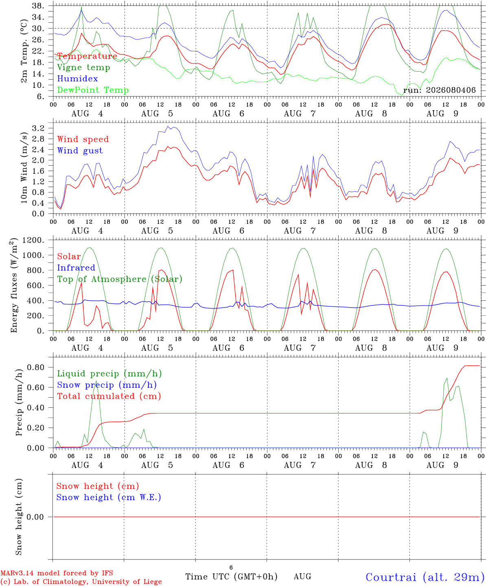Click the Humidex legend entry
(x=77, y=79)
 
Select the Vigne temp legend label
(x=83, y=68)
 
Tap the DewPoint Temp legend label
(x=93, y=90)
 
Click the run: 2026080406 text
(x=439, y=90)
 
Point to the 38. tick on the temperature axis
(x=38, y=6)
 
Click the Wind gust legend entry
(x=80, y=151)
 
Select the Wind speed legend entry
(x=83, y=139)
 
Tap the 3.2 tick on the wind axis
(x=38, y=128)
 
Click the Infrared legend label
(x=76, y=268)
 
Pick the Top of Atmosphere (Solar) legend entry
(x=120, y=279)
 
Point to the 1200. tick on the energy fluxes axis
(x=33, y=240)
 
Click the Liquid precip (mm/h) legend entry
(x=109, y=374)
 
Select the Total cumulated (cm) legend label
(x=109, y=396)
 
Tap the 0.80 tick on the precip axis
(x=36, y=367)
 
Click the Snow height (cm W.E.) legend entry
(x=108, y=497)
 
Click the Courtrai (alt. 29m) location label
(x=425, y=577)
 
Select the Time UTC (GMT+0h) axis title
(x=231, y=577)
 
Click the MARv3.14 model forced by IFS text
(x=57, y=573)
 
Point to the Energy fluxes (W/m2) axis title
(x=14, y=285)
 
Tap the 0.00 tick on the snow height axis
(x=35, y=517)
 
